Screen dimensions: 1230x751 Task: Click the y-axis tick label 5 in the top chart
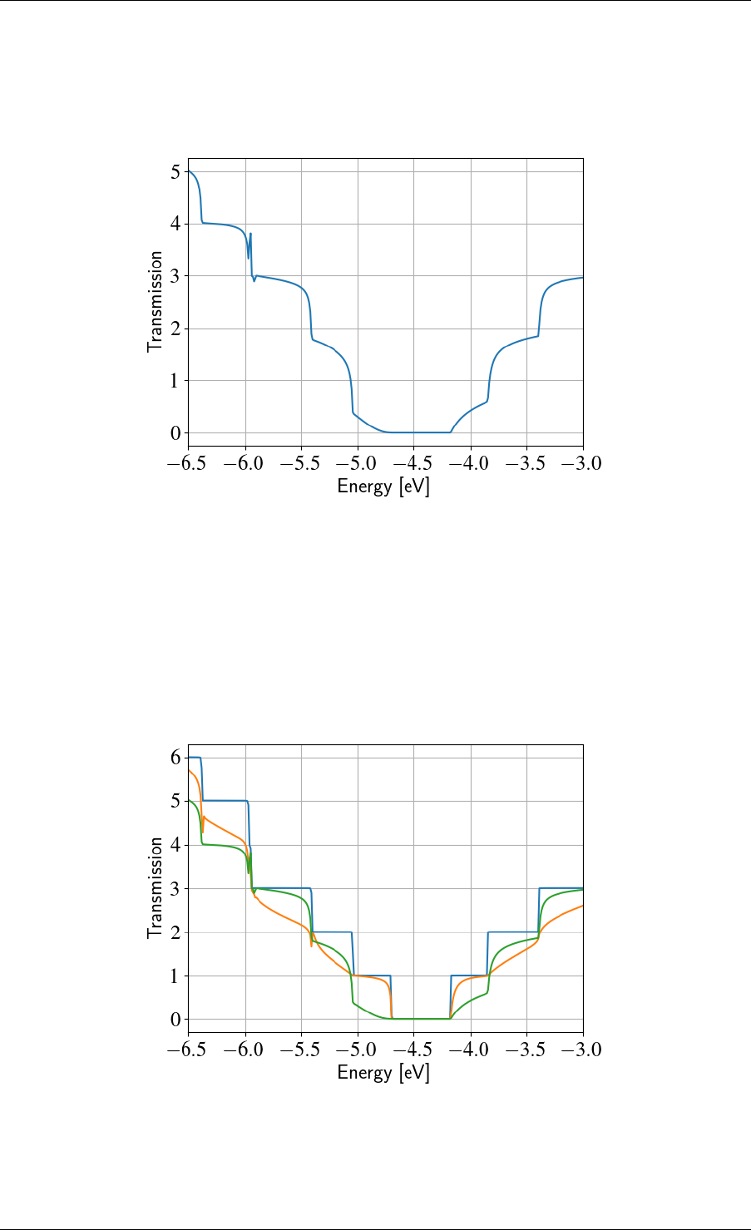click(175, 172)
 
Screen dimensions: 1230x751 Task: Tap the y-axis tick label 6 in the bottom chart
click(175, 758)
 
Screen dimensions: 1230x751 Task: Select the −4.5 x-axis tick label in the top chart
click(414, 462)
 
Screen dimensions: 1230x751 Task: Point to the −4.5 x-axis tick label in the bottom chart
click(414, 1049)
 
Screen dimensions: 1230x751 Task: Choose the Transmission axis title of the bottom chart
click(155, 888)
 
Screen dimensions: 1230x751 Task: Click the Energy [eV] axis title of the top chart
click(383, 487)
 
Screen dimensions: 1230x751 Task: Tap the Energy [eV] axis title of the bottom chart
click(383, 1073)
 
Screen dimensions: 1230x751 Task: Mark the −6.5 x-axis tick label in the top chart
click(188, 462)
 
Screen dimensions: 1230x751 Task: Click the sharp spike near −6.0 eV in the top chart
click(250, 235)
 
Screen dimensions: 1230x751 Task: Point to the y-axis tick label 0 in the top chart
click(175, 433)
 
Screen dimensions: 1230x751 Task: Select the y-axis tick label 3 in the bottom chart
click(175, 889)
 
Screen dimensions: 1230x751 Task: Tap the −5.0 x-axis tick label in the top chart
click(358, 462)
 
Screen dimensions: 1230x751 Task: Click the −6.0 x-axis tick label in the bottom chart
click(245, 1049)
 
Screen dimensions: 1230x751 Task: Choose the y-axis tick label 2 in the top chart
click(175, 329)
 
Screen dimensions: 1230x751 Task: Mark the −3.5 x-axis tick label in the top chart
click(526, 462)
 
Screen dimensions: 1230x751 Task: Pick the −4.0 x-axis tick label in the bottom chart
click(471, 1049)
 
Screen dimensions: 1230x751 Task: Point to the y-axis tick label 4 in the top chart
click(175, 225)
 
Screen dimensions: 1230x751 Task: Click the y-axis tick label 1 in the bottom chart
click(175, 976)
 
